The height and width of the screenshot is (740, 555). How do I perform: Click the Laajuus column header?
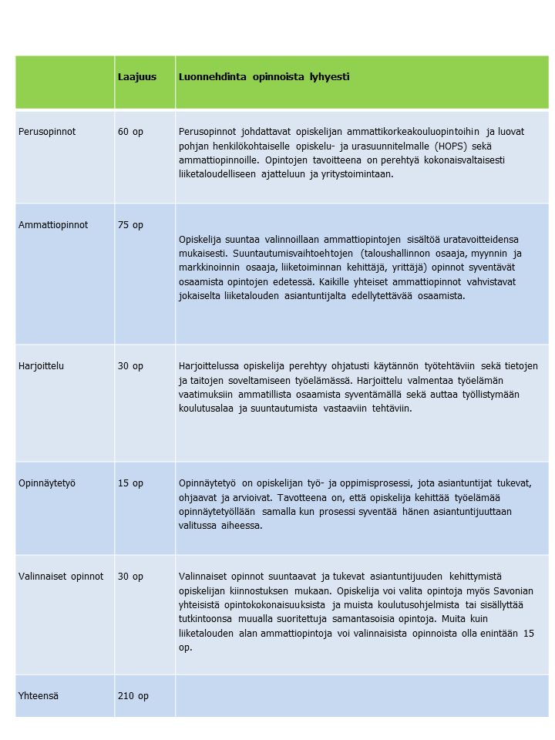point(136,77)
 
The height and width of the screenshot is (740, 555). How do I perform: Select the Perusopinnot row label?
point(47,132)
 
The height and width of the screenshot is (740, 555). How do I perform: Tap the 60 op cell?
point(130,132)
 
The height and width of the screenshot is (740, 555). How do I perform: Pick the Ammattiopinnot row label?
point(53,225)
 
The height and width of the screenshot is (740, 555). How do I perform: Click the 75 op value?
point(130,225)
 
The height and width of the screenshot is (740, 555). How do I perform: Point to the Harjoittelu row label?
point(41,366)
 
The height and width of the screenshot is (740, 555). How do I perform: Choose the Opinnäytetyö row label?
point(46,483)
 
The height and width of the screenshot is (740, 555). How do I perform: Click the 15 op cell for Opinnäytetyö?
point(130,483)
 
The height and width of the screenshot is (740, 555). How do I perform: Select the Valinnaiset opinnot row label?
point(61,576)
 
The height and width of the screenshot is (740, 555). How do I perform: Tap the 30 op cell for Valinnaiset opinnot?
point(130,576)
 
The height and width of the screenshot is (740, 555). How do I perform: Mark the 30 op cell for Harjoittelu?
point(130,366)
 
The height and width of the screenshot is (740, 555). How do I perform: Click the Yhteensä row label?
point(39,695)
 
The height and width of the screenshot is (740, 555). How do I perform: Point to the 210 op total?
point(133,695)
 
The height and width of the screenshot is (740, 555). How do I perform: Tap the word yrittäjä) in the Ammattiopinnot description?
point(461,267)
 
